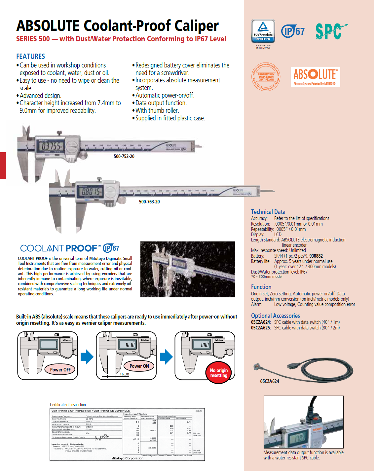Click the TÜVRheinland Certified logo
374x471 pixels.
(263, 31)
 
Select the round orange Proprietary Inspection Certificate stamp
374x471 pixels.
(266, 77)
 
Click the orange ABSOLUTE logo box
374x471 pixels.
(315, 77)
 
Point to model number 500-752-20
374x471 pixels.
(124, 156)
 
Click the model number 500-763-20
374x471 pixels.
(149, 202)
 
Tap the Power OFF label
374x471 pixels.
(60, 370)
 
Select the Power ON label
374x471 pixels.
(139, 366)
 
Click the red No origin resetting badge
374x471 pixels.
(219, 373)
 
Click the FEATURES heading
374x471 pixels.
(31, 57)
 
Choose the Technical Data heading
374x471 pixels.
(268, 212)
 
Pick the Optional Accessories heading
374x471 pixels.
(275, 316)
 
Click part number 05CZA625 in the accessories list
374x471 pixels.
(260, 328)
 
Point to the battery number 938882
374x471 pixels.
(316, 256)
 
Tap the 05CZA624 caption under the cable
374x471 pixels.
(270, 381)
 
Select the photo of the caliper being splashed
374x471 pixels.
(188, 269)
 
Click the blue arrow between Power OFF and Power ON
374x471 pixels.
(87, 357)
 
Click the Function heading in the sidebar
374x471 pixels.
(261, 287)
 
